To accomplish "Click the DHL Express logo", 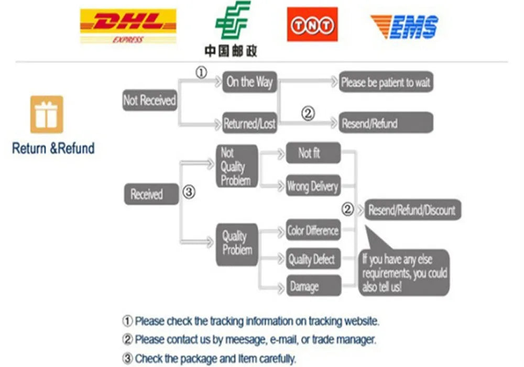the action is click(128, 26).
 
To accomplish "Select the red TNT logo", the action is click(312, 25).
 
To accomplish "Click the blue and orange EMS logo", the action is click(405, 27).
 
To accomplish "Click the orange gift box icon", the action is click(47, 115).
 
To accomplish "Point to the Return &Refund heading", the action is click(53, 148).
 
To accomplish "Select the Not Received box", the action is click(150, 100).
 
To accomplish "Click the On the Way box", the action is click(249, 82).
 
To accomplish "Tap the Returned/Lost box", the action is click(249, 123).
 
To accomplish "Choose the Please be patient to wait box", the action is click(386, 82).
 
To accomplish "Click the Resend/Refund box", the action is click(386, 123).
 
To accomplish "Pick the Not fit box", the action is click(313, 153).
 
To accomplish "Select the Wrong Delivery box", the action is click(313, 186).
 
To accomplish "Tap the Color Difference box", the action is click(313, 230).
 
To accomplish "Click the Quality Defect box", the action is click(313, 258).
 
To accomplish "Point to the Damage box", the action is click(313, 286).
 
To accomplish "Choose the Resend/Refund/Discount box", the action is click(413, 210).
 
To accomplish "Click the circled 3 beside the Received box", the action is click(189, 192).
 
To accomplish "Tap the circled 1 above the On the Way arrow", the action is click(201, 72).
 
